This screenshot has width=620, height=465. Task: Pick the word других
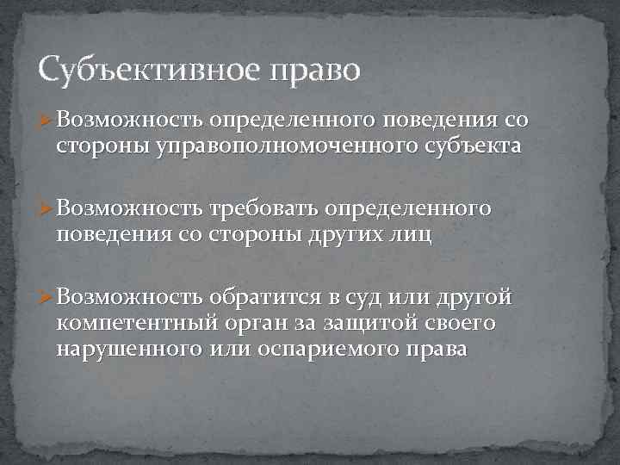point(344,235)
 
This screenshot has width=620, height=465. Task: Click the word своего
point(462,325)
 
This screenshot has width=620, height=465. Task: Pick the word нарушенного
point(127,350)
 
